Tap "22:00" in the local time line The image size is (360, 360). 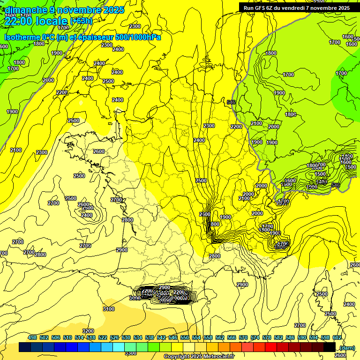point(23,21)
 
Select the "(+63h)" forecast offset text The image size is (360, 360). point(81,21)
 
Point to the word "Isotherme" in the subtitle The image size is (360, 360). point(22,37)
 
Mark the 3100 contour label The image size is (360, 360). point(108,308)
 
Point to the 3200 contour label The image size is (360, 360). point(88,331)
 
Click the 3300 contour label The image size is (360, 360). point(131,352)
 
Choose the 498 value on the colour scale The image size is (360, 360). point(32,337)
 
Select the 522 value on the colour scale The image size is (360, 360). point(103,337)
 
